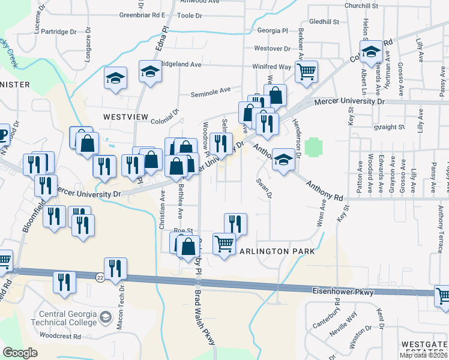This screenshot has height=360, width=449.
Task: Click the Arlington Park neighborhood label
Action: [277, 251]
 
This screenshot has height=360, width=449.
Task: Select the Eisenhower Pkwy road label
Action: [343, 292]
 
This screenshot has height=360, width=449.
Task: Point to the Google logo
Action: [20, 352]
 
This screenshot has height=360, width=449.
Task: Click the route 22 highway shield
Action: [100, 277]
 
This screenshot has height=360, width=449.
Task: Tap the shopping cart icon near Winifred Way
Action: [307, 72]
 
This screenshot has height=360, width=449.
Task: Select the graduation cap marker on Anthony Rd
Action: [283, 160]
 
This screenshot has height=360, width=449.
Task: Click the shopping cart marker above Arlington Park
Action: [224, 244]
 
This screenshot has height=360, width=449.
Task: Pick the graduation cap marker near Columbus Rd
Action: [371, 52]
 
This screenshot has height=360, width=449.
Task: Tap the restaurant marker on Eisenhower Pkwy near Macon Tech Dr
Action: [115, 268]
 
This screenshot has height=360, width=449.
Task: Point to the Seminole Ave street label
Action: [211, 91]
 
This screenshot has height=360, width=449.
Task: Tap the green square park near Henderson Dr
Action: [312, 146]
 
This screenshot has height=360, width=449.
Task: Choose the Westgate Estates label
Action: [425, 347]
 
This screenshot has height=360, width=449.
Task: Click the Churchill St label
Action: [361, 5]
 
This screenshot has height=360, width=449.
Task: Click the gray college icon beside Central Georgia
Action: [106, 317]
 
